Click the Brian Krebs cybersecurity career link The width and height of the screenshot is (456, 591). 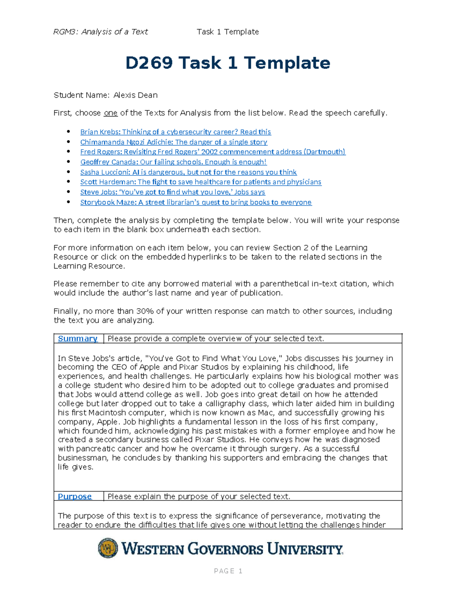(x=175, y=132)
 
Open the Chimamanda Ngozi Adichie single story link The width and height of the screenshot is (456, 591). (x=173, y=142)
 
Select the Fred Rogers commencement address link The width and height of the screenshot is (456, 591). (x=212, y=152)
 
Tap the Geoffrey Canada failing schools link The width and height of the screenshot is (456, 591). (x=173, y=162)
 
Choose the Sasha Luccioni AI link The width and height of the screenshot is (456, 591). (x=188, y=172)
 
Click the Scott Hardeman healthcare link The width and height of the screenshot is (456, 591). (x=201, y=182)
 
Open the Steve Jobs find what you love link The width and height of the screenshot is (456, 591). (x=172, y=192)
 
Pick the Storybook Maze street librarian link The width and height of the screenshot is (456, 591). (x=196, y=202)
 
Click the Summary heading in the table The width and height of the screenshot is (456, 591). (x=78, y=339)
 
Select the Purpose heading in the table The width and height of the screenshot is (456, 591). (x=74, y=497)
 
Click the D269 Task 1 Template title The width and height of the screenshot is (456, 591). (x=228, y=63)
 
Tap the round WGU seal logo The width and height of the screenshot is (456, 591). (x=108, y=548)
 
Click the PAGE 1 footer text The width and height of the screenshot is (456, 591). (x=228, y=571)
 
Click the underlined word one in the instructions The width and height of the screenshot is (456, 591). (x=110, y=113)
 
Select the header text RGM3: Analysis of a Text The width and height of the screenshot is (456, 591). (x=100, y=32)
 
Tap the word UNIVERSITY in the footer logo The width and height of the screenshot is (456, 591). (x=305, y=549)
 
